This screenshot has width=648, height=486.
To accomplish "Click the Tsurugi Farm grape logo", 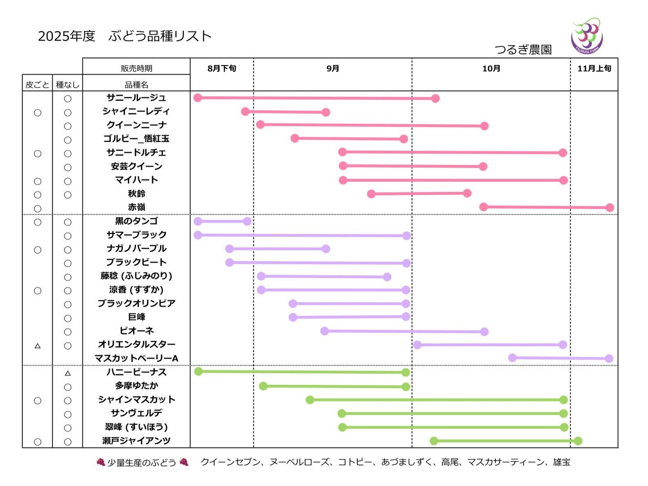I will click(587, 36).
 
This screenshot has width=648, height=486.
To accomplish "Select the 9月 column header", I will click(333, 68).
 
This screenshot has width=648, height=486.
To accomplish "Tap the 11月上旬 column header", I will click(594, 68).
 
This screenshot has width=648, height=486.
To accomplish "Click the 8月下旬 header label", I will click(222, 68).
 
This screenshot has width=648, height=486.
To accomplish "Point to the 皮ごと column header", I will click(37, 85).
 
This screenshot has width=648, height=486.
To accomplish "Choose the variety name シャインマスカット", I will click(136, 400).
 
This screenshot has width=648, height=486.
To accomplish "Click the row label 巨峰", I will click(136, 317).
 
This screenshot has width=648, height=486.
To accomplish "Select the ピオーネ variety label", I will click(136, 331).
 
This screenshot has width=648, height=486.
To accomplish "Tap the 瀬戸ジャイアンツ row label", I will click(136, 441).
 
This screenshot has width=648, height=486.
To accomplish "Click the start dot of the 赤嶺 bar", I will click(484, 207).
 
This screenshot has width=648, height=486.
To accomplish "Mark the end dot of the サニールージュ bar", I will click(435, 99).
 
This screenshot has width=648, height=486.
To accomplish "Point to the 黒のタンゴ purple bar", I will click(222, 221).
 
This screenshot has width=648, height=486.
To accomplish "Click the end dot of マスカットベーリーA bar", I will click(609, 359).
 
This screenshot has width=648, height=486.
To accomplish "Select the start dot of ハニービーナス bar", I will click(198, 371).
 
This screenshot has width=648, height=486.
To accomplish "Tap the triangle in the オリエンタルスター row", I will click(38, 346).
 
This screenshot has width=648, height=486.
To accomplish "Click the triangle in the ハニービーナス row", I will click(67, 373).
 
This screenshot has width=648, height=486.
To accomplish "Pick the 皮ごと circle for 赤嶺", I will click(38, 209).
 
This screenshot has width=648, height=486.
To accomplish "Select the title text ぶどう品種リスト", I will click(160, 36).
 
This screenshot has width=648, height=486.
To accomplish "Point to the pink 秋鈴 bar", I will click(419, 193).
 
